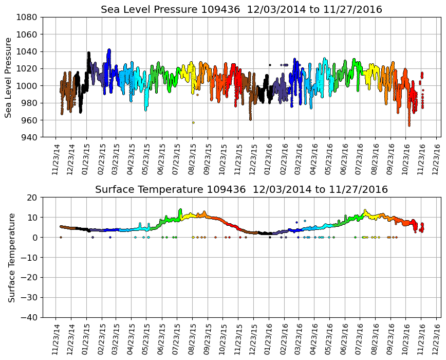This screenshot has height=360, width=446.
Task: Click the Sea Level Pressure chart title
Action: coord(241,10)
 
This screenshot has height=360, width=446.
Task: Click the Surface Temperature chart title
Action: coord(241,190)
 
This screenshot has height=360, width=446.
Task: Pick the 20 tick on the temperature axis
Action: coord(32,197)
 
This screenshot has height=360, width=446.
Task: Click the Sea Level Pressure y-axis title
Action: coord(9,77)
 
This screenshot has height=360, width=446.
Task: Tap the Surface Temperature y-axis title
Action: coord(11,257)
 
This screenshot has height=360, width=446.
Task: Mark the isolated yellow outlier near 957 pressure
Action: coord(193,122)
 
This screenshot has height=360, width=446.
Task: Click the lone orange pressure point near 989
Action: coord(197,95)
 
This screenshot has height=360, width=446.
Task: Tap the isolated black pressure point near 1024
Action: coord(270,65)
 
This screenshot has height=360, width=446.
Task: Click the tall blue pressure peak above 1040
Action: coord(109,50)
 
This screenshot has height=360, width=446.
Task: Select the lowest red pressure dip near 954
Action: coord(409,124)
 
